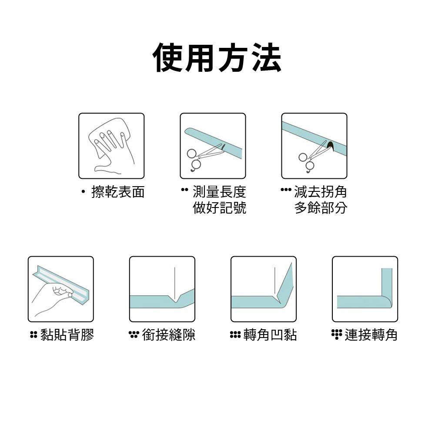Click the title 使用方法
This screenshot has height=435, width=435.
click(217, 58)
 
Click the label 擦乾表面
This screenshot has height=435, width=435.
click(118, 192)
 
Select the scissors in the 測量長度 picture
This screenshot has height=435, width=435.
click(200, 157)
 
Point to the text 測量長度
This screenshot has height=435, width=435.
click(219, 192)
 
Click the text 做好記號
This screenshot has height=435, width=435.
click(219, 208)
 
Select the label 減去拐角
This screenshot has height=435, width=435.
click(321, 192)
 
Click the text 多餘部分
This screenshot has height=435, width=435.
click(321, 208)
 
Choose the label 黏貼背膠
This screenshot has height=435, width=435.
click(67, 335)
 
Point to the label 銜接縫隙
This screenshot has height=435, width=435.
click(169, 335)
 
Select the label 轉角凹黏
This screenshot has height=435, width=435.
click(270, 335)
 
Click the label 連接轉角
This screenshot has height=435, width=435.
click(371, 335)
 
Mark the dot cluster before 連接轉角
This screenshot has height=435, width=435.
click(337, 334)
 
